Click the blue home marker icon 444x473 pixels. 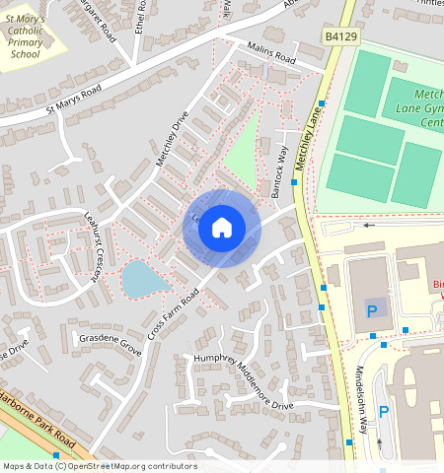click(222, 228)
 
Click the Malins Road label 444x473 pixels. click(271, 56)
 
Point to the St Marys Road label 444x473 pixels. click(73, 100)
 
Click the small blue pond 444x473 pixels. click(143, 280)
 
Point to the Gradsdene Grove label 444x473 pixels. click(111, 342)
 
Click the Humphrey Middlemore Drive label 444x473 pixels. click(243, 382)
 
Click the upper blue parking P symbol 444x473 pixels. click(372, 310)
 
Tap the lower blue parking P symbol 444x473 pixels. click(384, 412)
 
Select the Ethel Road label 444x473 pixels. click(141, 18)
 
